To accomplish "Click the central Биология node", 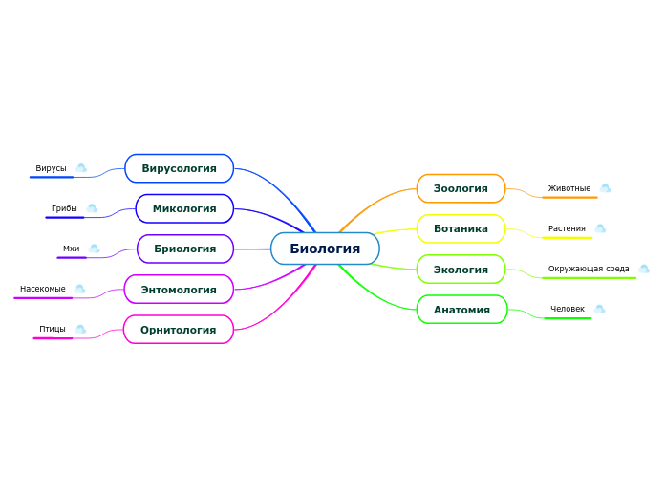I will (x=325, y=248).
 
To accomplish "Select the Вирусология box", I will (x=180, y=168).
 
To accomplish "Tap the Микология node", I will (x=184, y=208).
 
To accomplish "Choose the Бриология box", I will (x=185, y=248).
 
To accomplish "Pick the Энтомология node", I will (x=179, y=290).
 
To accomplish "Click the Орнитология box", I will (x=179, y=330).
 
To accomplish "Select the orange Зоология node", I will (x=461, y=188).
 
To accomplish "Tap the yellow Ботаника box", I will (x=461, y=228).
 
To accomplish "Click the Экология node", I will (x=461, y=270).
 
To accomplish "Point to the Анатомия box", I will (x=461, y=310).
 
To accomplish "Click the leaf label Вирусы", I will (x=52, y=168).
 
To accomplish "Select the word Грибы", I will (x=64, y=208).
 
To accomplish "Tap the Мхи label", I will (x=72, y=248).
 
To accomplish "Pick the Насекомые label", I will (x=43, y=289).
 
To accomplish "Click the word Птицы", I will (x=53, y=329).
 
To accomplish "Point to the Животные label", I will (x=569, y=188).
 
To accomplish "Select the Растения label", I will (x=567, y=228).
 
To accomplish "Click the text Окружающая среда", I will (x=589, y=269).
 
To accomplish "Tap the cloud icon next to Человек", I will (x=600, y=309).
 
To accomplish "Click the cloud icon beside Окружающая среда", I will (x=644, y=269).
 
